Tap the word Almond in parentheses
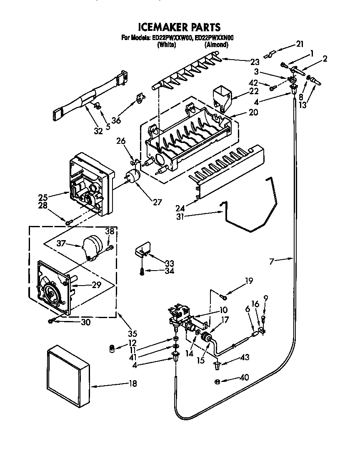[216, 45]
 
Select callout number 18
[132, 384]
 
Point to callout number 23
[255, 62]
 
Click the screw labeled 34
[142, 271]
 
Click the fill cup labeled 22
[222, 97]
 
